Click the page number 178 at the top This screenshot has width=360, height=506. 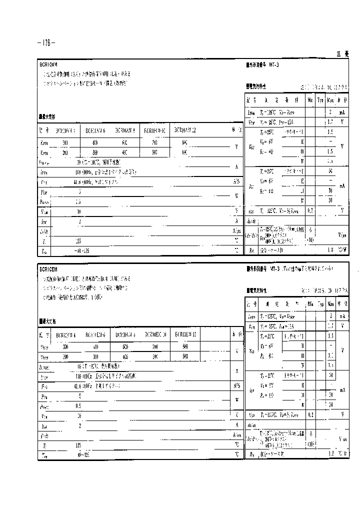[x=46, y=42]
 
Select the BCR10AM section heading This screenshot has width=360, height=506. [x=48, y=64]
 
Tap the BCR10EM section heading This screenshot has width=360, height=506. [x=48, y=268]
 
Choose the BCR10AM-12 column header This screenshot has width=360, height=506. [x=185, y=130]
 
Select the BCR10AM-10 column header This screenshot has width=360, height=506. [x=155, y=131]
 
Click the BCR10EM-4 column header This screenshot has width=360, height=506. [x=65, y=334]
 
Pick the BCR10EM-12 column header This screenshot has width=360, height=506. [x=185, y=334]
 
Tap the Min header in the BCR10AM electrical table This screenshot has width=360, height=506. [x=310, y=100]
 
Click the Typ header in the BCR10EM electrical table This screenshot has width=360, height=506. [x=320, y=303]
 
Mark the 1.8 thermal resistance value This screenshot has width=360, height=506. [x=330, y=249]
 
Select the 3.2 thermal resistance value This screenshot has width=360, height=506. [x=330, y=454]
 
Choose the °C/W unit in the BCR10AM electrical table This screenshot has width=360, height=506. [x=342, y=249]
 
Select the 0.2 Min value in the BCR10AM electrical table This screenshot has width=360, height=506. [x=310, y=210]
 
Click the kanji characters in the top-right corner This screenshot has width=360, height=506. [x=343, y=54]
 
